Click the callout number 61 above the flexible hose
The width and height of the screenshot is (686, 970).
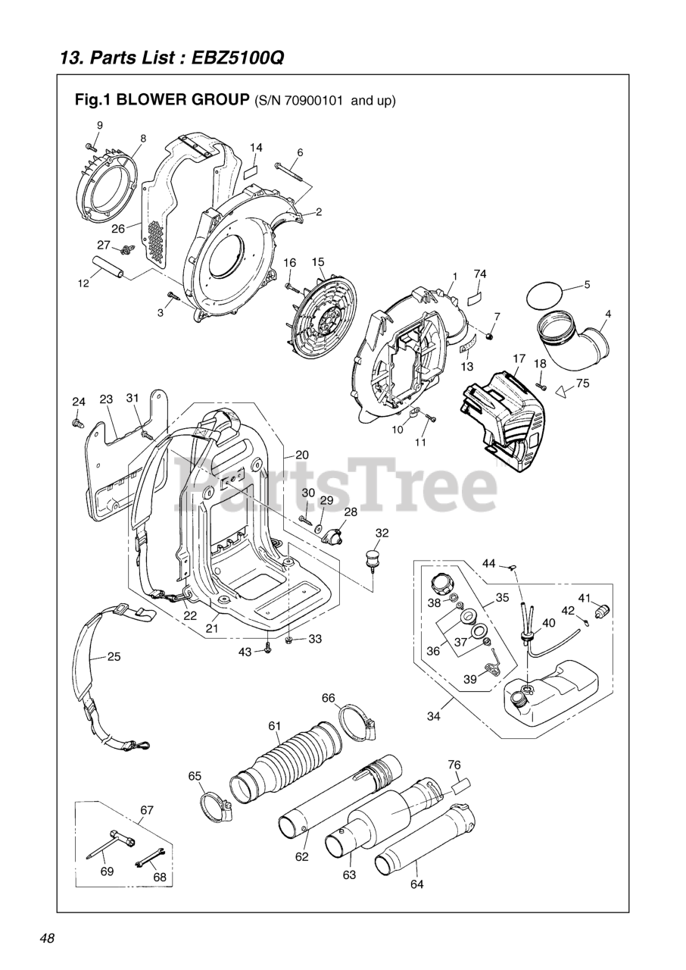(274, 726)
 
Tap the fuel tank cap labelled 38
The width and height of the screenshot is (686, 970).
(440, 586)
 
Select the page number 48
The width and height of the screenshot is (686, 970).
(47, 938)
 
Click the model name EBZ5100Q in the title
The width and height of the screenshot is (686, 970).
(239, 58)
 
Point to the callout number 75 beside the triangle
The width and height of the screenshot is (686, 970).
(582, 383)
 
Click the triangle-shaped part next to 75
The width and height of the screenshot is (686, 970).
(560, 391)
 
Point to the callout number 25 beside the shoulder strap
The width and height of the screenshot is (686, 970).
(114, 656)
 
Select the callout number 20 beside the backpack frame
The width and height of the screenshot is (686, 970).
(302, 455)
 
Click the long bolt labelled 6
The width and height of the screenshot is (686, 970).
(289, 173)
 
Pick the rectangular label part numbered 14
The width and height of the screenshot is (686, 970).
(252, 169)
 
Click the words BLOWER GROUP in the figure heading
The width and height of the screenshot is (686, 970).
(182, 99)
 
